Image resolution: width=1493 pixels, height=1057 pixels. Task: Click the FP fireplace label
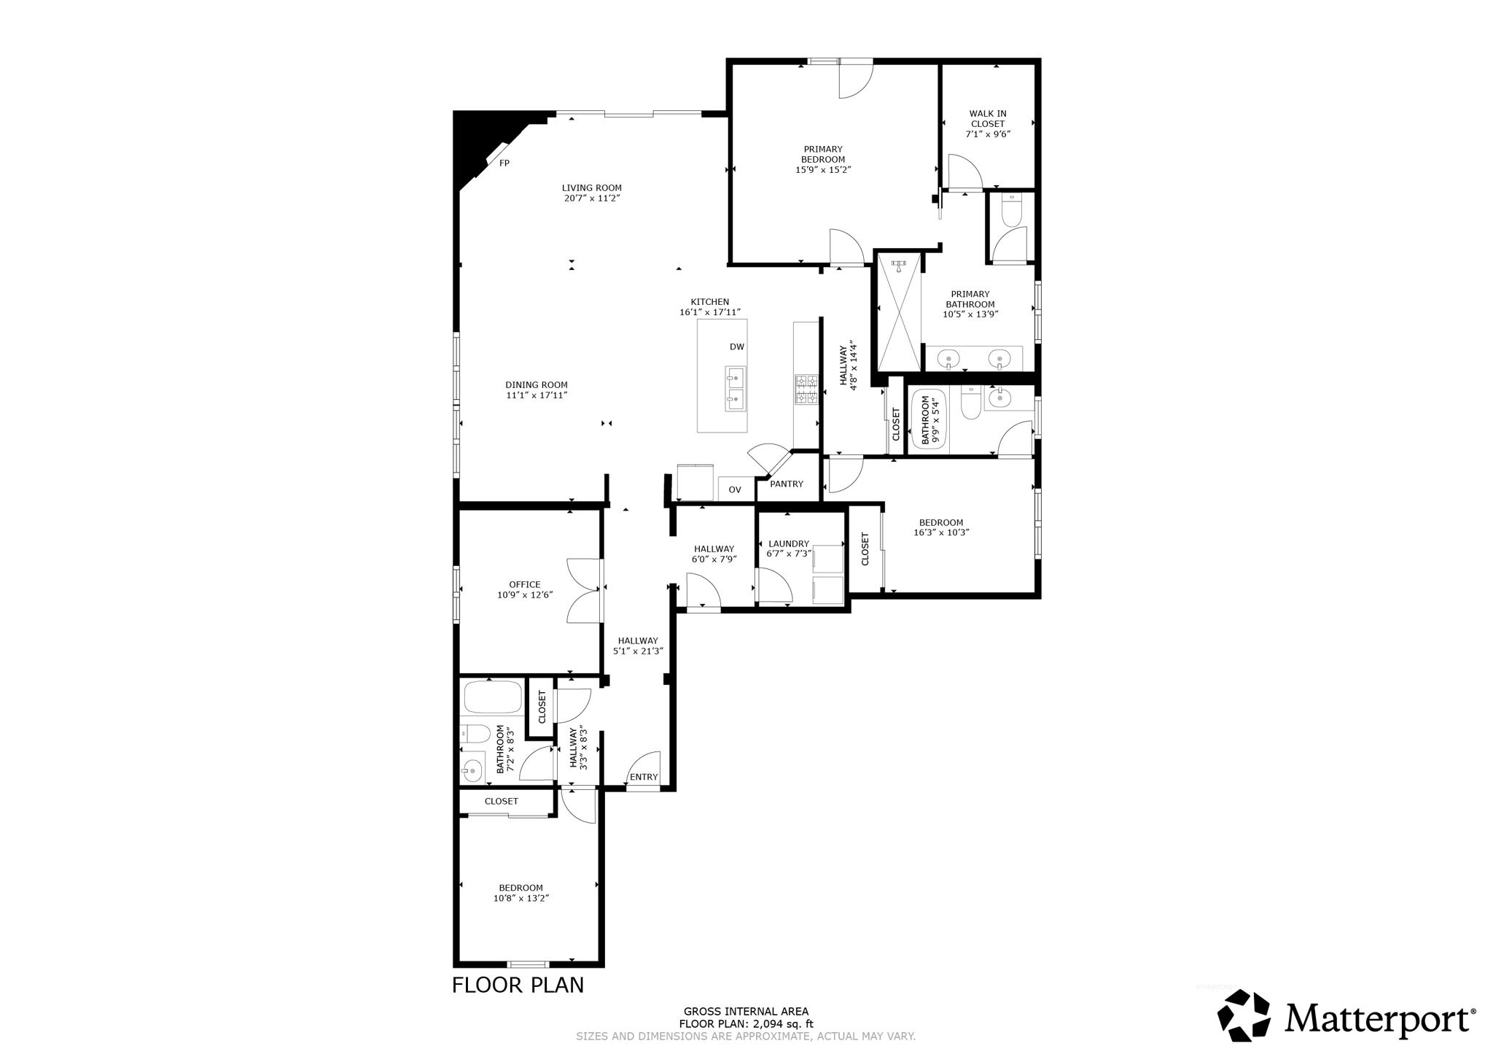click(504, 163)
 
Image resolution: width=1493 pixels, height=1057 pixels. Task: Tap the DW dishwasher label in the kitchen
click(736, 347)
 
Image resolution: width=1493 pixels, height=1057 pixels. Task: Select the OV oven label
click(734, 489)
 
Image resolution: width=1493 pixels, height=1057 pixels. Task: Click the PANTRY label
click(786, 484)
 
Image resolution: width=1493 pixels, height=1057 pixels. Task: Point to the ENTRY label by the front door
click(643, 777)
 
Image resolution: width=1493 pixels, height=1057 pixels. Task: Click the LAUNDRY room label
click(788, 543)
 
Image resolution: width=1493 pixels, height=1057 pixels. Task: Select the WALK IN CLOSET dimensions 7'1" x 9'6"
click(988, 134)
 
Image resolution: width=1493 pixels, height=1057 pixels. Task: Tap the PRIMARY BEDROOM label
click(823, 154)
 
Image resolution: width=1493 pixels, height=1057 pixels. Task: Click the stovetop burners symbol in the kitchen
click(806, 390)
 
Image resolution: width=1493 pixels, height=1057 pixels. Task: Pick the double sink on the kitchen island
click(736, 389)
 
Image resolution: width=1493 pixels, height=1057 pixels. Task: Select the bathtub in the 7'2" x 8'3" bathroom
click(493, 697)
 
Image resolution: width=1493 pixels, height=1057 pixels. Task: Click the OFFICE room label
click(524, 584)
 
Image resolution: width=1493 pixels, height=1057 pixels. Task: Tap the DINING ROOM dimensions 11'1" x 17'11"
click(537, 395)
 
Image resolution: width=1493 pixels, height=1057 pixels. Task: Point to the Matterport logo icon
click(1244, 1015)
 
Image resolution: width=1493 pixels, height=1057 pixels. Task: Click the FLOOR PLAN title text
click(518, 985)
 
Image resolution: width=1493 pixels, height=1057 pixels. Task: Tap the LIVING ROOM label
click(591, 187)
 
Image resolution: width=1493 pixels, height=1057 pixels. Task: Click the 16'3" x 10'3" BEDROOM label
click(940, 522)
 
